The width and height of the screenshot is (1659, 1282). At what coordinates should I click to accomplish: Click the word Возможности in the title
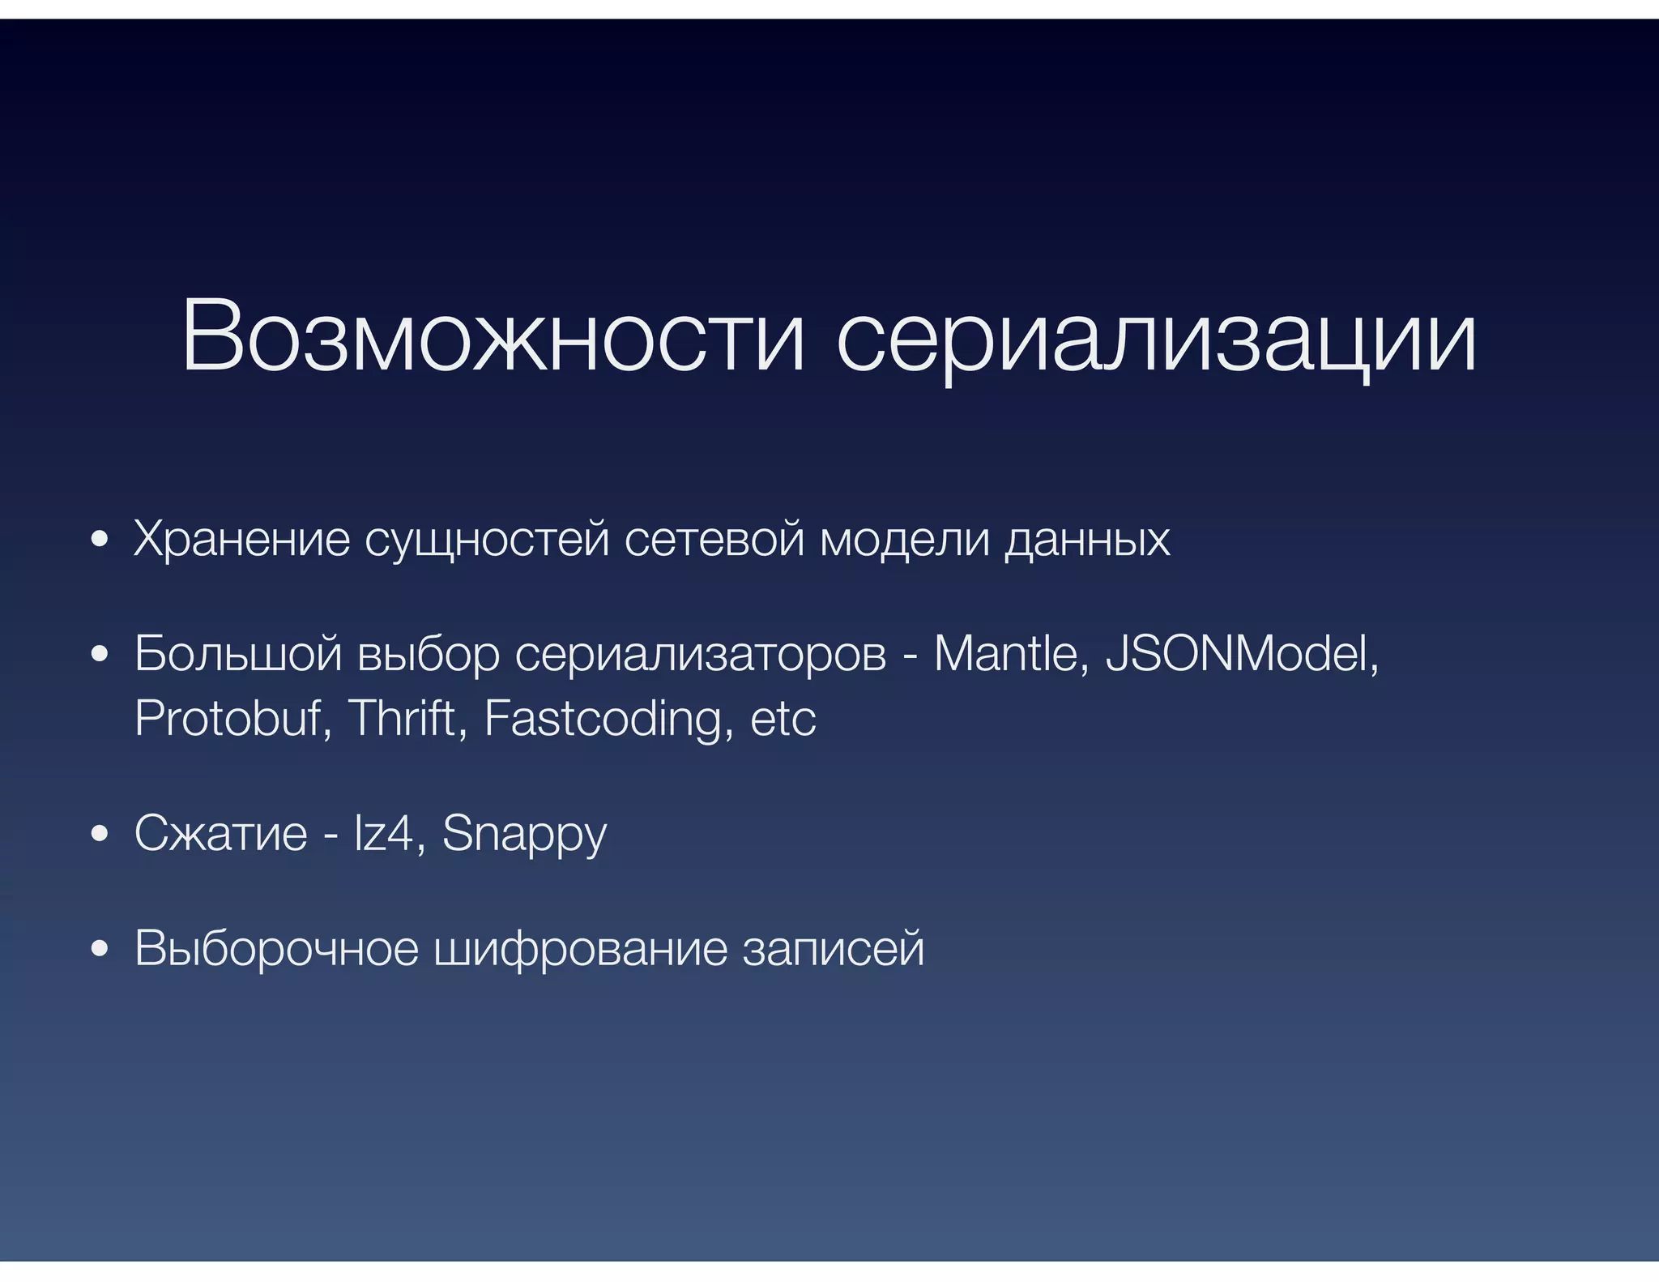click(493, 336)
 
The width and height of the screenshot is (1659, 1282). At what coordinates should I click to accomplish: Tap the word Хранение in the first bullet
click(241, 539)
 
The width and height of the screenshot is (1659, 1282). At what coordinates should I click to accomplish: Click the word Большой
click(238, 654)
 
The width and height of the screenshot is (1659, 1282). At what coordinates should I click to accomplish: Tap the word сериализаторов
click(701, 656)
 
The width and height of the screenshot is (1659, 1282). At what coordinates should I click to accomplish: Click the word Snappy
click(524, 835)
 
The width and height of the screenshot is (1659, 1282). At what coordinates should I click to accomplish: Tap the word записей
click(834, 949)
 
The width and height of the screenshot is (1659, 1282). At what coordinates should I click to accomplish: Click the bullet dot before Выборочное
click(100, 949)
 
